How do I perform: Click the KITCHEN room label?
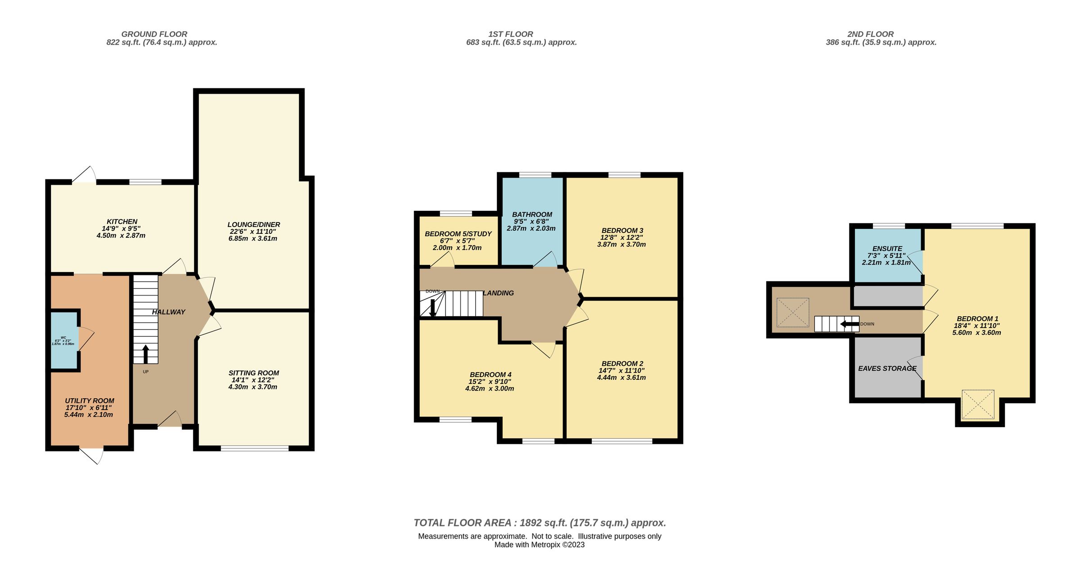click(122, 222)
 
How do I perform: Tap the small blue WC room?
click(64, 340)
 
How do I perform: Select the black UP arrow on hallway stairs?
click(145, 354)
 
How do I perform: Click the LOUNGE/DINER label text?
click(254, 224)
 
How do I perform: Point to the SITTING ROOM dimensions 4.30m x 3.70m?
click(253, 387)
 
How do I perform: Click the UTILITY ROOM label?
click(89, 401)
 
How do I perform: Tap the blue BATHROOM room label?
click(532, 214)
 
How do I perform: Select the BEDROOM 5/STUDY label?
click(458, 234)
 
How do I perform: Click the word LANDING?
click(499, 293)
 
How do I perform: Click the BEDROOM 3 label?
click(622, 230)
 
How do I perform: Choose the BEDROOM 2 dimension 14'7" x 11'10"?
click(622, 371)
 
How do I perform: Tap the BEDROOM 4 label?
click(491, 374)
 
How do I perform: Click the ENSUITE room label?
click(887, 248)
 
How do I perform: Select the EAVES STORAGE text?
click(887, 369)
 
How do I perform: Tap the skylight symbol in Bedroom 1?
click(978, 404)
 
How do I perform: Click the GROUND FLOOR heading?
click(154, 34)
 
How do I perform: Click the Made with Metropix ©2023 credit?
click(540, 545)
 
